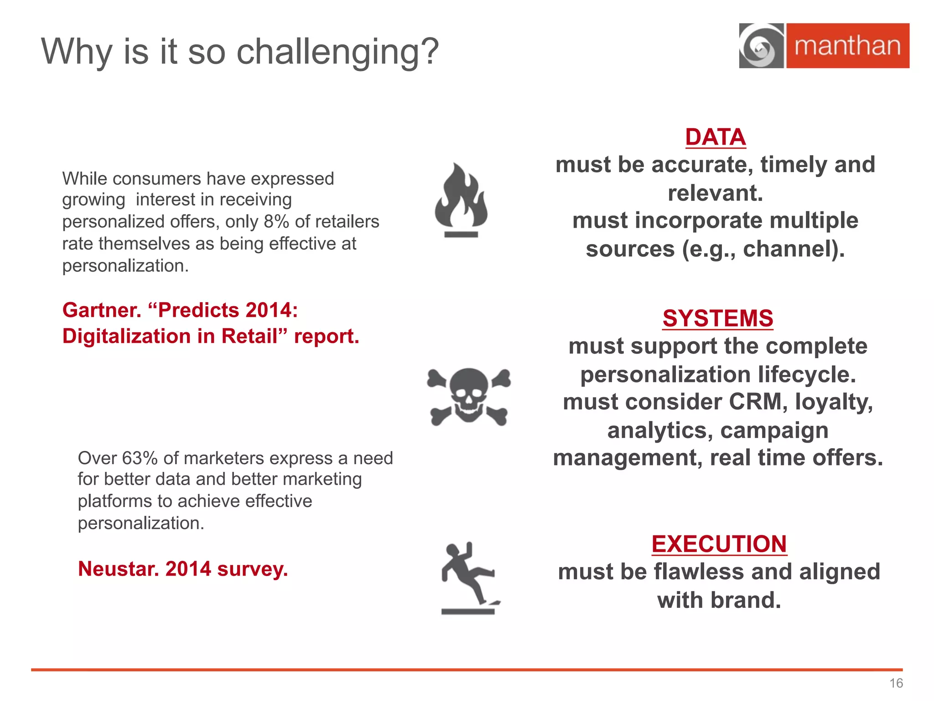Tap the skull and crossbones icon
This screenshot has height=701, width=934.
pyautogui.click(x=469, y=396)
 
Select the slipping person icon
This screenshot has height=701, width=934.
pyautogui.click(x=470, y=577)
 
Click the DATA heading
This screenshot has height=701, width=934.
pyautogui.click(x=715, y=137)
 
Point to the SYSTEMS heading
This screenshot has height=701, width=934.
pyautogui.click(x=718, y=318)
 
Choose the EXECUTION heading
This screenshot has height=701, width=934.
pyautogui.click(x=719, y=544)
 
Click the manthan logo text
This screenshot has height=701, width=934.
pyautogui.click(x=847, y=46)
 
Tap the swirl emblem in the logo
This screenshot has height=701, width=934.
pyautogui.click(x=761, y=46)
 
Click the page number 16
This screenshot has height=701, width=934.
pyautogui.click(x=896, y=683)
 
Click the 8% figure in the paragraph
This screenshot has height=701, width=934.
pyautogui.click(x=276, y=221)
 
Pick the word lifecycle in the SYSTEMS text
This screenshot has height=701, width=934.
pyautogui.click(x=807, y=375)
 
